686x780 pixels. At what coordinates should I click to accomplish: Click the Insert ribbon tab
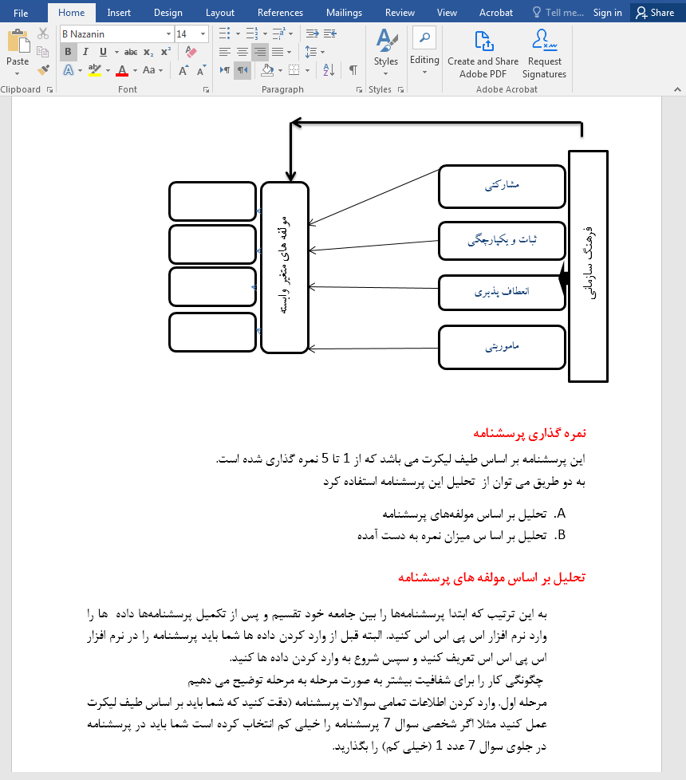(119, 12)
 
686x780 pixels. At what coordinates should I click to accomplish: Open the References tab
(280, 12)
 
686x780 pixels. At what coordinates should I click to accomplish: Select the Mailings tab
(344, 12)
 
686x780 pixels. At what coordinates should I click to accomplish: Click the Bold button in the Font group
(68, 52)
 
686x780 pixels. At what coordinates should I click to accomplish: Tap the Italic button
(85, 52)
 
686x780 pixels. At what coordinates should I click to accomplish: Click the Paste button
(18, 49)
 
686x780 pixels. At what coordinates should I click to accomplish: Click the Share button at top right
(655, 12)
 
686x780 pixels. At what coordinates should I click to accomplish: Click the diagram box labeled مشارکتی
(502, 187)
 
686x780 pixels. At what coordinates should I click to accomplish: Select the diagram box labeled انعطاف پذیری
(502, 293)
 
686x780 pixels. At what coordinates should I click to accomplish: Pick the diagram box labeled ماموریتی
(502, 347)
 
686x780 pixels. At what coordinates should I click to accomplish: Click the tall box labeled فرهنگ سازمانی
(588, 266)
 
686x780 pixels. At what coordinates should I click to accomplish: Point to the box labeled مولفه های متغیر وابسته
(284, 267)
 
